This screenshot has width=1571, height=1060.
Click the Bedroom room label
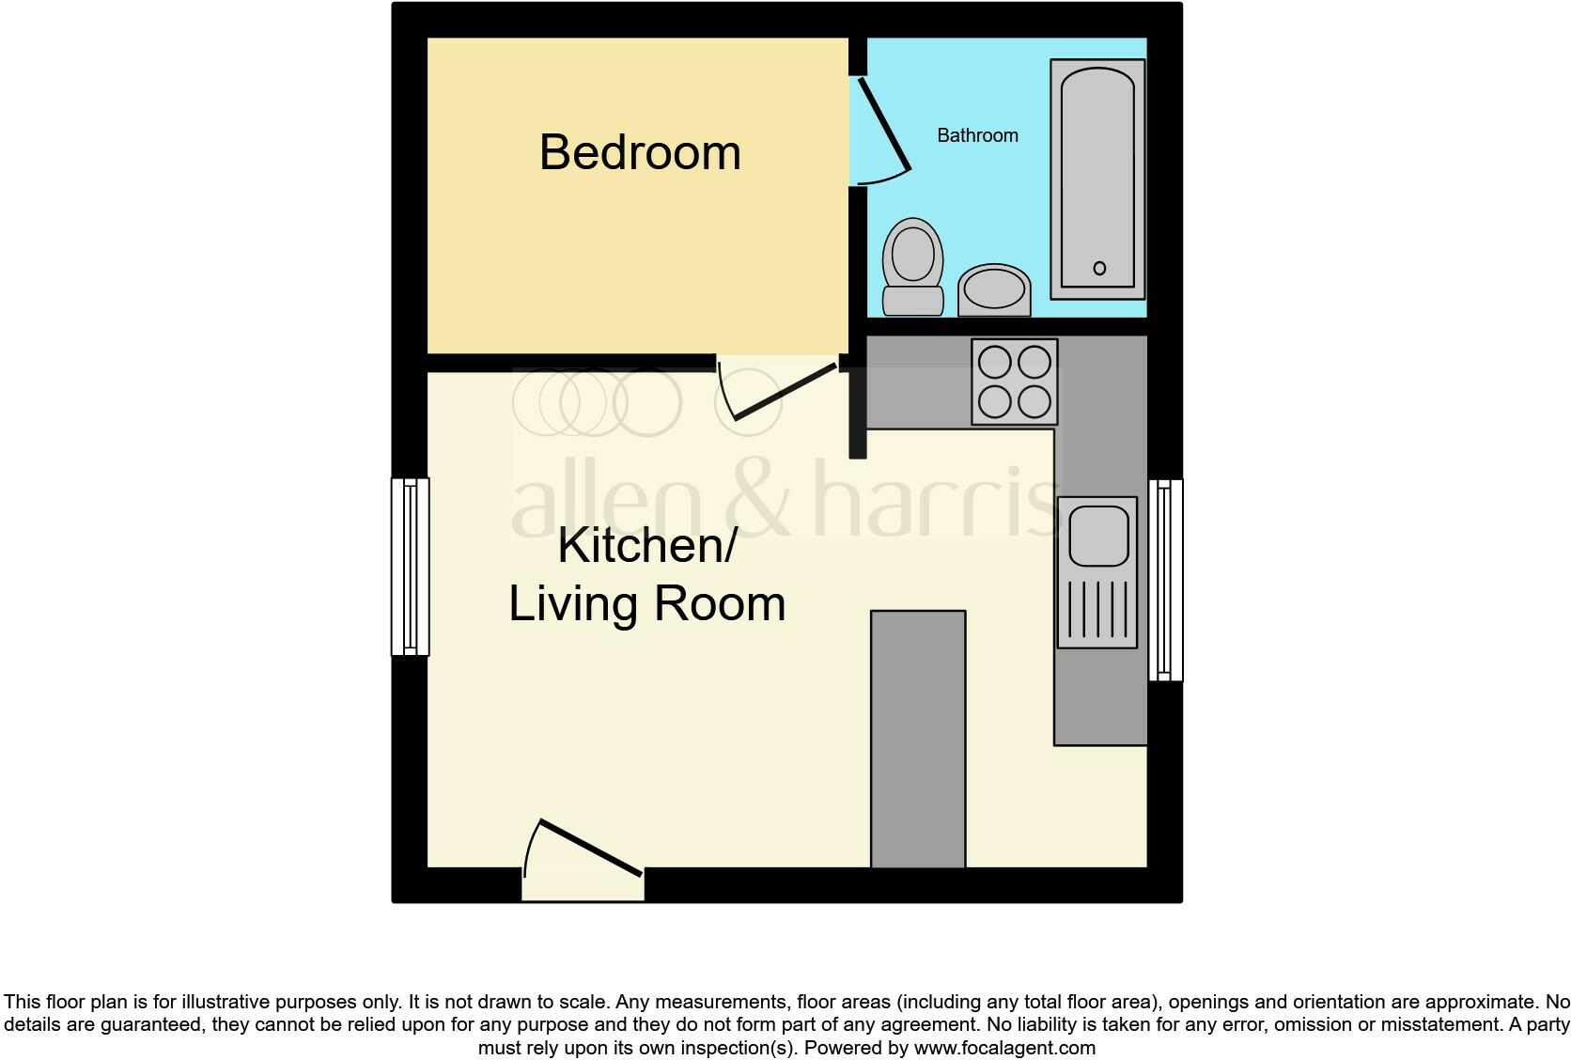(x=640, y=152)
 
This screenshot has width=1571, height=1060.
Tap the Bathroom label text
(x=977, y=135)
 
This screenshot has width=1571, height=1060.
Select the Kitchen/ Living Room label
(x=646, y=574)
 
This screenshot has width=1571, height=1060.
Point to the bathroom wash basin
(x=994, y=288)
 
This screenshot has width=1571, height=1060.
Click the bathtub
(x=1097, y=179)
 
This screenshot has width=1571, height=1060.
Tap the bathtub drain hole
(x=1099, y=269)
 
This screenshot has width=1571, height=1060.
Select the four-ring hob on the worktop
(x=1014, y=382)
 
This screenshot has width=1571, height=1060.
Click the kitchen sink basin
(x=1097, y=535)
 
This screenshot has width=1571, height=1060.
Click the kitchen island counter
(x=918, y=739)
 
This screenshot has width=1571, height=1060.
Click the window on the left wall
(x=411, y=566)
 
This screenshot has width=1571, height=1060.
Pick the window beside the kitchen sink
(x=1165, y=579)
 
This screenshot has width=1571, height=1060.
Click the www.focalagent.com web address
(x=1004, y=1047)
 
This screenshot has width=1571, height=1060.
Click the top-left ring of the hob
(x=994, y=362)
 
